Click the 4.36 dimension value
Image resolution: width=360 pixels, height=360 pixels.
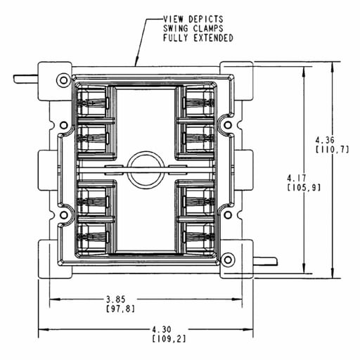pos(325,141)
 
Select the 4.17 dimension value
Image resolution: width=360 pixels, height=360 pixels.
pos(297,179)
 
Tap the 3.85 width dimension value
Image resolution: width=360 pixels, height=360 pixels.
pos(116,300)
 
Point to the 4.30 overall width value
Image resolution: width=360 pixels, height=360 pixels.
pos(162,330)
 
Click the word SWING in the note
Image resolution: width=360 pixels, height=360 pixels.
pos(176,28)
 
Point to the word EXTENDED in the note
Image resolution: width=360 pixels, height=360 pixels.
pos(213,38)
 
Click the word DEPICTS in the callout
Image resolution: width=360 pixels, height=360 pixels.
pos(206,19)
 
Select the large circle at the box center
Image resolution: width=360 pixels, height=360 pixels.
pos(146,170)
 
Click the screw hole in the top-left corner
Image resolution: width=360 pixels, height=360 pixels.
pos(63,80)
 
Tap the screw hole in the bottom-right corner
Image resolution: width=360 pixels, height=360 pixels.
pos(228,259)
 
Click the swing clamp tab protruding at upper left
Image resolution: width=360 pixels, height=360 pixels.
pos(26,79)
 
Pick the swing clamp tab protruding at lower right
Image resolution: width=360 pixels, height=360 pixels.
pos(266,262)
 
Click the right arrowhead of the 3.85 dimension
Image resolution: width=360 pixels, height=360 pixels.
pos(237,300)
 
